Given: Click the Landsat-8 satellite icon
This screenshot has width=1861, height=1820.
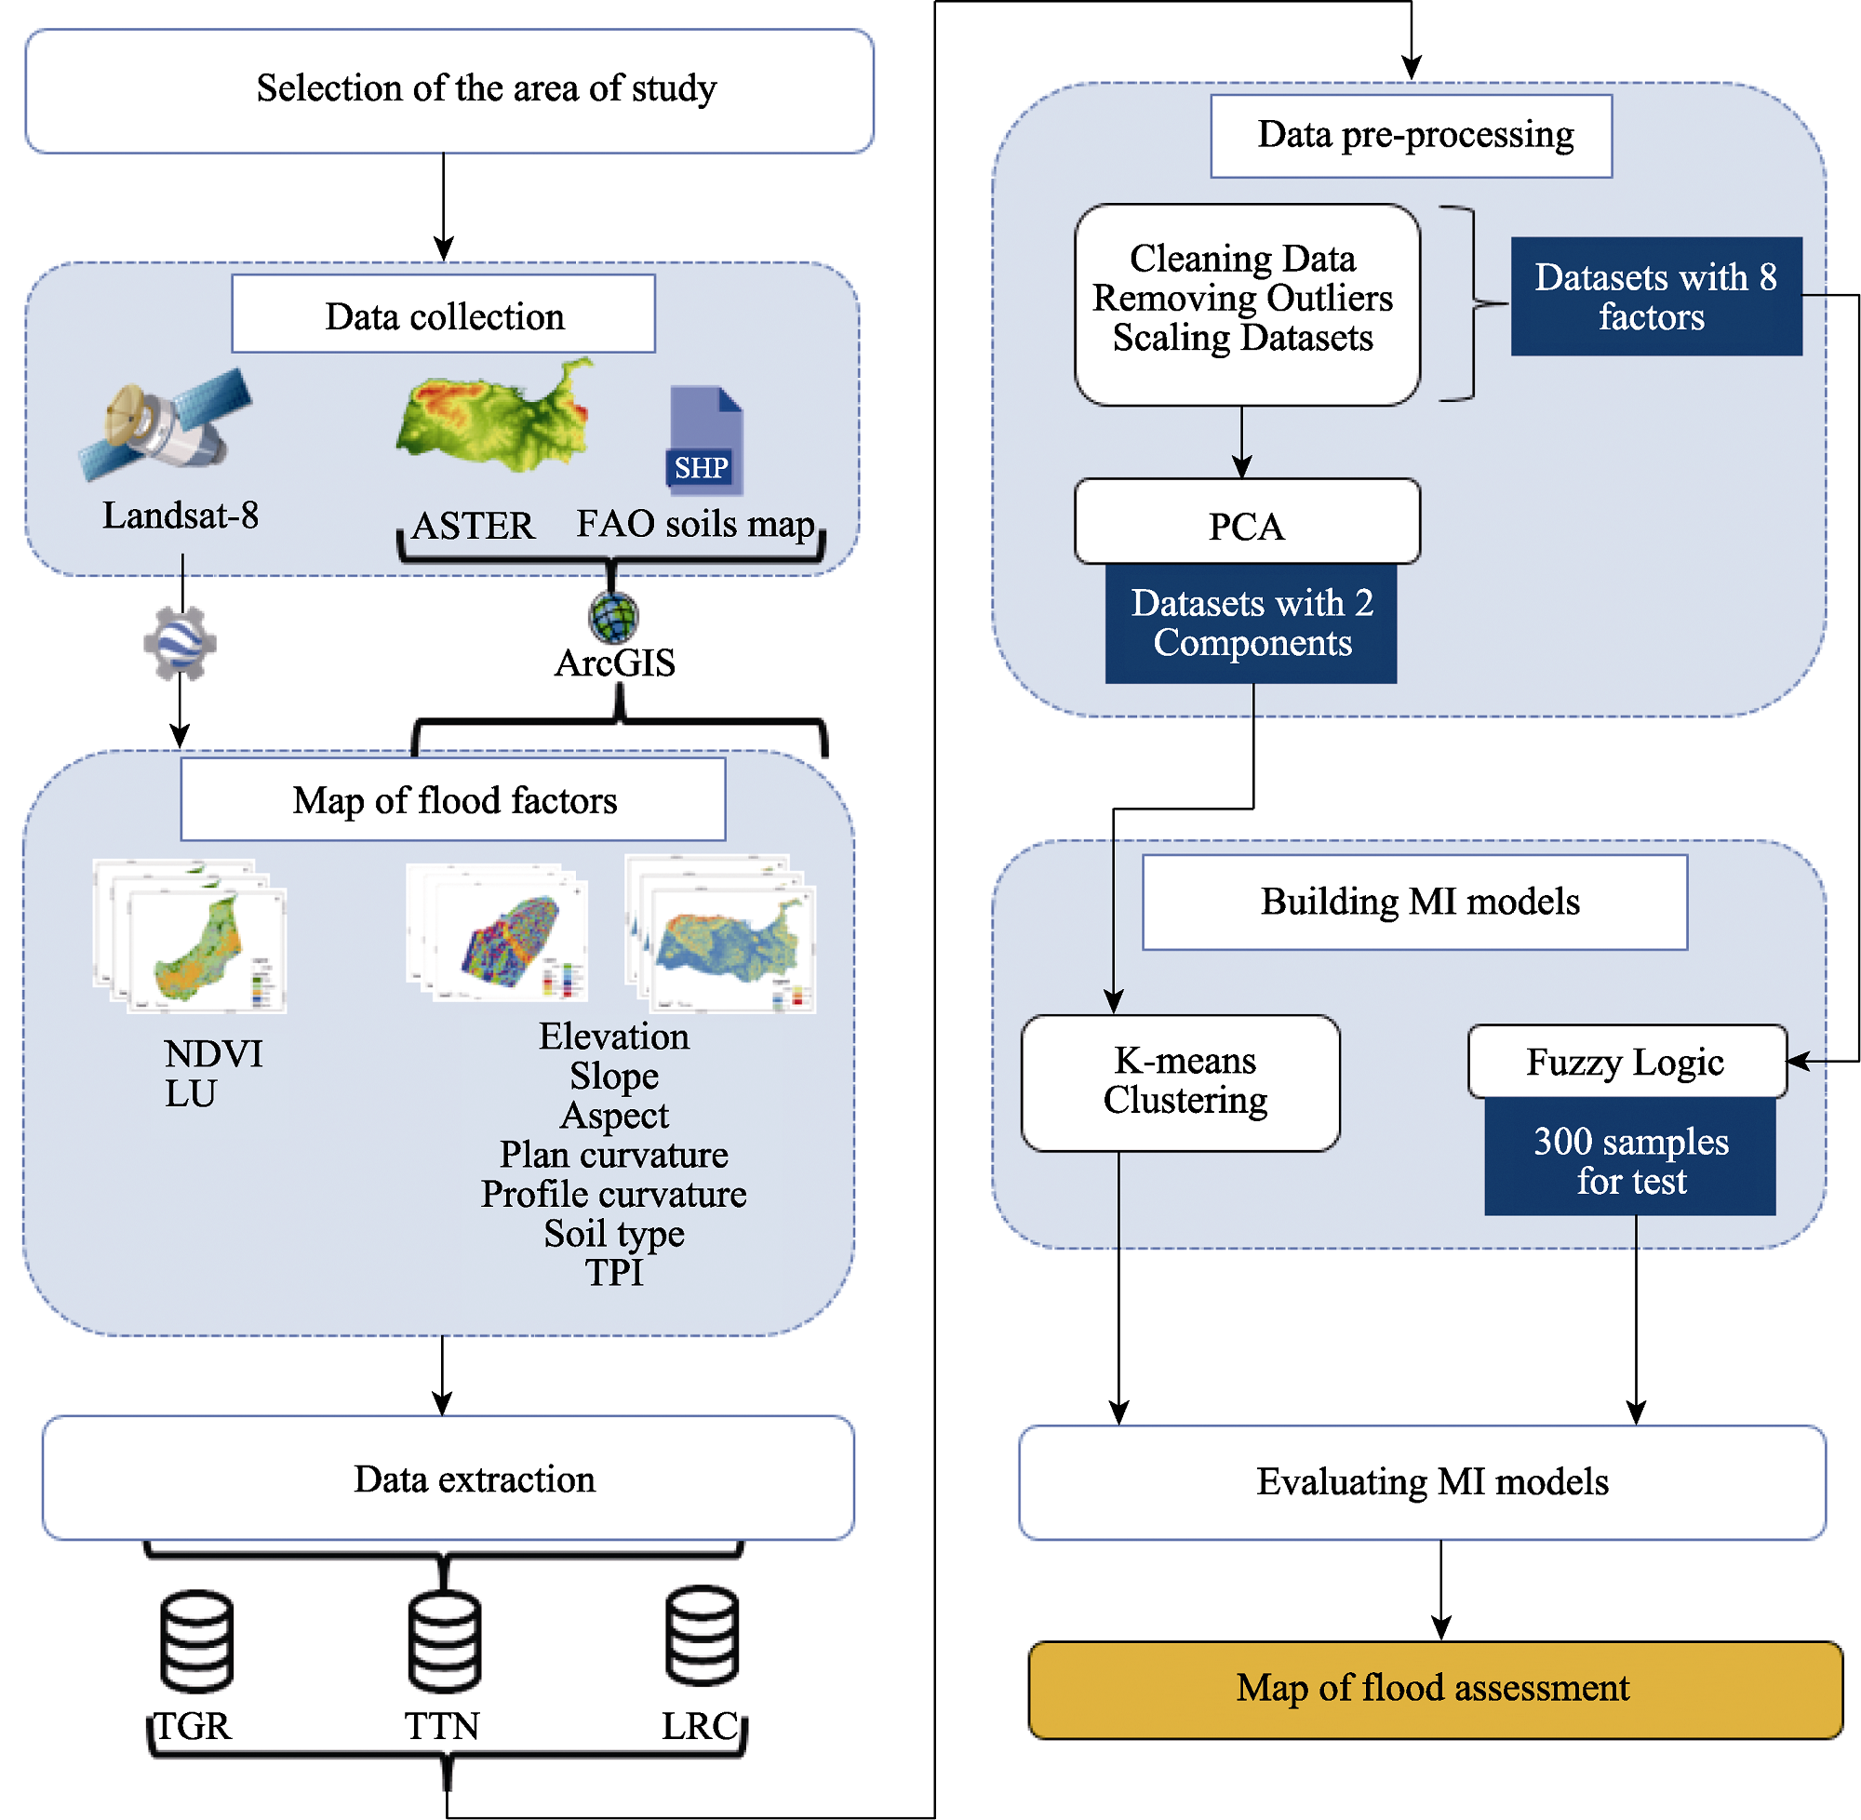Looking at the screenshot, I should [167, 423].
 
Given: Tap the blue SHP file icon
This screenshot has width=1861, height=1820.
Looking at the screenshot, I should [705, 440].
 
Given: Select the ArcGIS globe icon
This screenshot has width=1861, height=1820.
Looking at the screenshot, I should [612, 617].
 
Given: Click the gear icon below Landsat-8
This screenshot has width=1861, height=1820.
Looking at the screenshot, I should [180, 643].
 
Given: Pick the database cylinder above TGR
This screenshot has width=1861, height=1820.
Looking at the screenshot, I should [197, 1640].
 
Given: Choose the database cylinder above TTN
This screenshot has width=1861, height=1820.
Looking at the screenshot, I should [445, 1640].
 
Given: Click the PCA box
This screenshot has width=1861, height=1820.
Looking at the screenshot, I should [1246, 522].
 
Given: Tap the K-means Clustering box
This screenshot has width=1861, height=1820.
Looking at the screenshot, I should [1181, 1082].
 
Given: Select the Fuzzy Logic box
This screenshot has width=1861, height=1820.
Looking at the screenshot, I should [1627, 1061].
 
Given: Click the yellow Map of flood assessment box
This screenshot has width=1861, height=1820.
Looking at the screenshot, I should [1435, 1689].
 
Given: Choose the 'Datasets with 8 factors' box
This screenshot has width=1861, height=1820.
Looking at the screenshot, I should [1655, 296].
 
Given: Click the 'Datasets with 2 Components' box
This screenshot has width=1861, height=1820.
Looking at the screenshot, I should [1251, 623].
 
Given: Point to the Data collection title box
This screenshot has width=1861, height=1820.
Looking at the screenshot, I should [444, 314].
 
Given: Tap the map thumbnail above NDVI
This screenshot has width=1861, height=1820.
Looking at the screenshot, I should [191, 937].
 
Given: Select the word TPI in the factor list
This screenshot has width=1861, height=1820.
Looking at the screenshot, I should [615, 1272].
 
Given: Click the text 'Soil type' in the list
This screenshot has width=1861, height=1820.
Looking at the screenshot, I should [615, 1233].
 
